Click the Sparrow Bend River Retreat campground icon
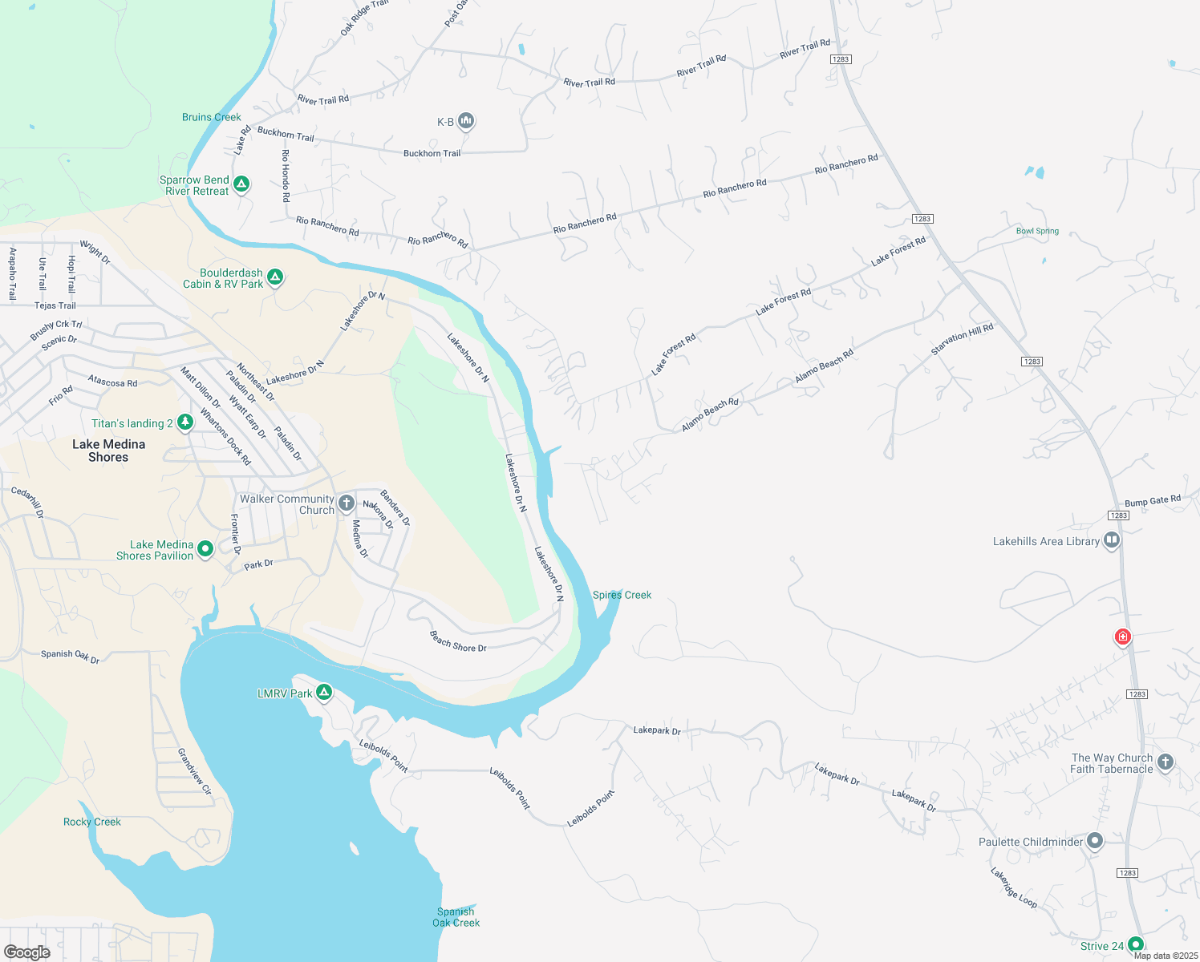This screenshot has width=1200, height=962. [241, 184]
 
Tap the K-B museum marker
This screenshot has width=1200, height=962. [466, 121]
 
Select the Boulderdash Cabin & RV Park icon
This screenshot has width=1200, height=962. [275, 277]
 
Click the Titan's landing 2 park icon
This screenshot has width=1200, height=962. [185, 422]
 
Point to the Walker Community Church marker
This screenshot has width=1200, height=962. [346, 503]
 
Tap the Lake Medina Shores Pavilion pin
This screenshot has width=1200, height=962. [205, 548]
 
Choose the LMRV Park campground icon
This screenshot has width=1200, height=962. [324, 692]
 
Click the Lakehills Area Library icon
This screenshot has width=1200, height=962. [1112, 540]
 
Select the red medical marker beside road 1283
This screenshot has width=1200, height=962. [1123, 637]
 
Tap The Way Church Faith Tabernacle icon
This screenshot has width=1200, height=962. [1166, 762]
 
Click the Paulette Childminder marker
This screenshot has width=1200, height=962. [1095, 841]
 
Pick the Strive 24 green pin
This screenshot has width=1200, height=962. [1135, 944]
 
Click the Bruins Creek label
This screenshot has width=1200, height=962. [212, 117]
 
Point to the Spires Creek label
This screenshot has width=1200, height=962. [622, 595]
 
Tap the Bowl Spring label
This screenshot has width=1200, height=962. [1037, 231]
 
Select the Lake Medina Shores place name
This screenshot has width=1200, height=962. [108, 451]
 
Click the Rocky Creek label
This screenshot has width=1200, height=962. [92, 822]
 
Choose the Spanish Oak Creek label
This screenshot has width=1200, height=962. [456, 917]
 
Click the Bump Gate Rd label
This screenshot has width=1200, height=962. [1152, 500]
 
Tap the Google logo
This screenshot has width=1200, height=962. [26, 952]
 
